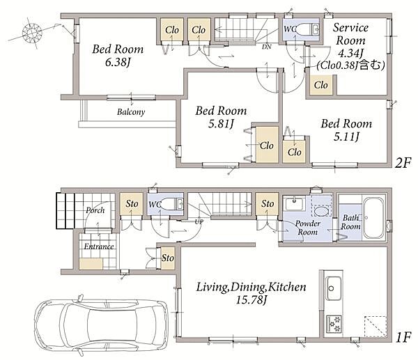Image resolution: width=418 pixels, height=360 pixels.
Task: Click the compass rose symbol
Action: [x=32, y=33]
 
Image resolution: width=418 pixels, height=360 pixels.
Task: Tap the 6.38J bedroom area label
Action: [x=118, y=63]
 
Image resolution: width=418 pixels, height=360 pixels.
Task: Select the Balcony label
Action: [x=131, y=111]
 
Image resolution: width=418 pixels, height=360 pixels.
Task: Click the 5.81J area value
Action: [x=221, y=124]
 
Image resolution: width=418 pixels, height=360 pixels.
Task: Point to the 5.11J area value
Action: [x=346, y=136]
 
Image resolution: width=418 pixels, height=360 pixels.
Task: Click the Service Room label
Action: [x=350, y=34]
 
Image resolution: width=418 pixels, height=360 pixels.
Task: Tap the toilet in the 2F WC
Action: [x=306, y=29]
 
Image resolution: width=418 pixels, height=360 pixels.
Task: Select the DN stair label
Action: [x=267, y=47]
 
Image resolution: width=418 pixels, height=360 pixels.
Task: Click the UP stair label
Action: [x=199, y=221]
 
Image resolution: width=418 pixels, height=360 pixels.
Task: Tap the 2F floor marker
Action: [x=403, y=162]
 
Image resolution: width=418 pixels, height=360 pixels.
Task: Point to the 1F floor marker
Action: [x=403, y=338]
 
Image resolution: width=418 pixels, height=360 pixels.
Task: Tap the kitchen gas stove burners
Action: [x=334, y=323]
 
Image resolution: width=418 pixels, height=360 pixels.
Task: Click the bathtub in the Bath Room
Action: [x=373, y=218]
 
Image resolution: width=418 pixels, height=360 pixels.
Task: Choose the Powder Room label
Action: [x=307, y=228]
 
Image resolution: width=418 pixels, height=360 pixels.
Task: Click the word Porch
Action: [x=95, y=210]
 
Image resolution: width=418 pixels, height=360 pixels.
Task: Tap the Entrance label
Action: [x=99, y=246]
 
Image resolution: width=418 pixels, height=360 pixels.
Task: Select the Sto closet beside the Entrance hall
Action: [x=168, y=258]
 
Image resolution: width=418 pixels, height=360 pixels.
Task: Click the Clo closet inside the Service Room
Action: [x=320, y=85]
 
